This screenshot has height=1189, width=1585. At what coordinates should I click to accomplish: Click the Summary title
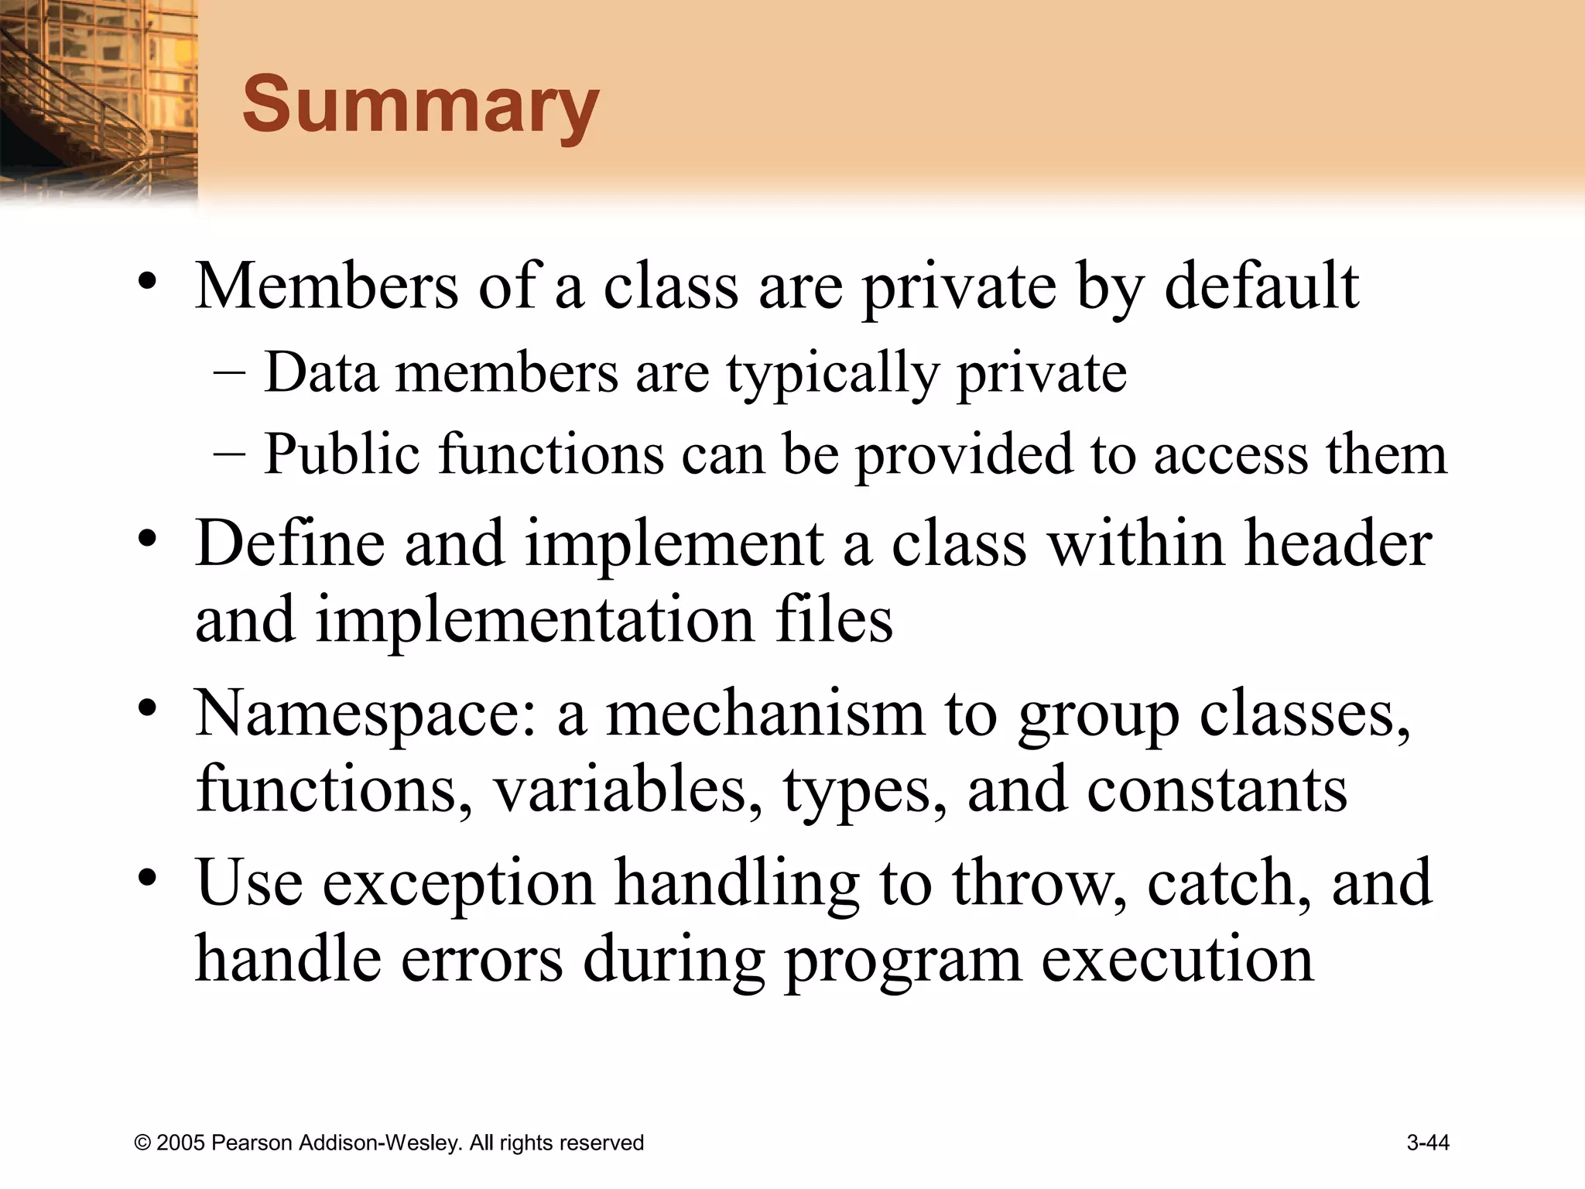click(420, 105)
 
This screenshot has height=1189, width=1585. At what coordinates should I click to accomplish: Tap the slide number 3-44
click(1428, 1143)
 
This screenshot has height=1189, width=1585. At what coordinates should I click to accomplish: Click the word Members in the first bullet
click(327, 286)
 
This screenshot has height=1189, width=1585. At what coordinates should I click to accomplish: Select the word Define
click(289, 543)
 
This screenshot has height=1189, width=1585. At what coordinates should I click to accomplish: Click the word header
click(1338, 543)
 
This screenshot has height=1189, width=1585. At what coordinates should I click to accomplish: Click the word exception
click(458, 884)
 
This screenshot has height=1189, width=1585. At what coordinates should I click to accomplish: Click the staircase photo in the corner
click(97, 101)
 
